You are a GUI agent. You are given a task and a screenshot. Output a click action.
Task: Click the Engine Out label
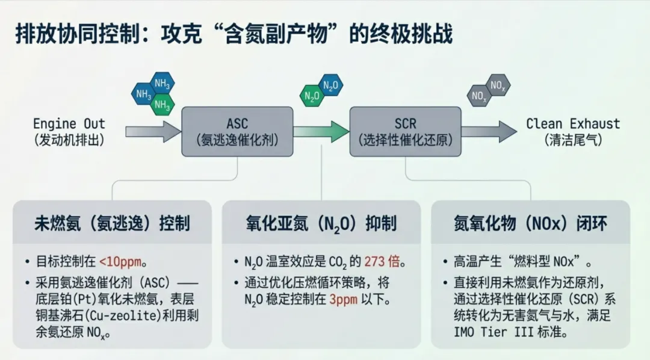pyautogui.click(x=69, y=125)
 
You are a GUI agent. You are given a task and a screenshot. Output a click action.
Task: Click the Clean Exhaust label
pyautogui.click(x=572, y=125)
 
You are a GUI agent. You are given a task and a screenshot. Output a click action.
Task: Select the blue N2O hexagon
pyautogui.click(x=331, y=85)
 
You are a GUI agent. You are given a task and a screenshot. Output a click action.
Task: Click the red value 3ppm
pyautogui.click(x=342, y=299)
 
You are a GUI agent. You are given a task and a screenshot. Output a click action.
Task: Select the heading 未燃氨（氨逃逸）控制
pyautogui.click(x=112, y=224)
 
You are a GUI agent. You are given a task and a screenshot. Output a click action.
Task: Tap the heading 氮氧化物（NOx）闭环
pyautogui.click(x=530, y=224)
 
